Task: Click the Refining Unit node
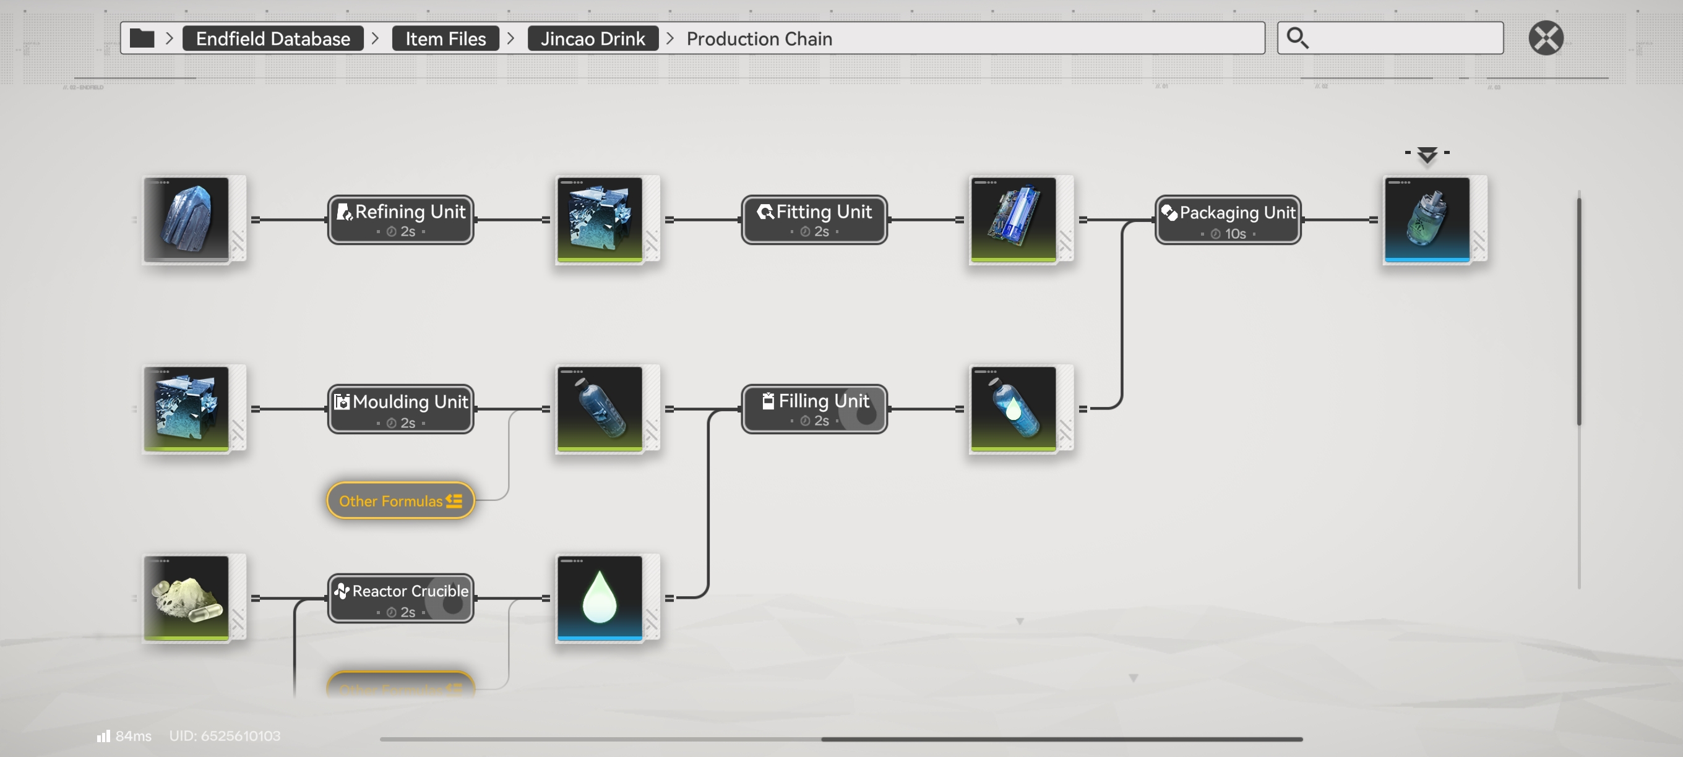400,220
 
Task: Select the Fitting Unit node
814,220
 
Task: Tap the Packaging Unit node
1228,220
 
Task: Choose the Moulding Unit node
400,409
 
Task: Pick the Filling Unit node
814,409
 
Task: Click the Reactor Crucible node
400,597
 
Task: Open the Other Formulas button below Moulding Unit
400,501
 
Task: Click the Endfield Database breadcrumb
273,38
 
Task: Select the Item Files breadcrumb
445,38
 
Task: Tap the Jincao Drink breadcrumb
593,38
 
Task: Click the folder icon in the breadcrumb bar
142,38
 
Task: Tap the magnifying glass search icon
1298,38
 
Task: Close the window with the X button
1546,38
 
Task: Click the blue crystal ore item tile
187,220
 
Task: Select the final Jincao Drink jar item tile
1427,220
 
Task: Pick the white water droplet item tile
600,597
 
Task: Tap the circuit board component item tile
1014,220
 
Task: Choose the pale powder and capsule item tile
187,597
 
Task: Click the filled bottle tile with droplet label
1014,409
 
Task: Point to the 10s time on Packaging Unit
1234,234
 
